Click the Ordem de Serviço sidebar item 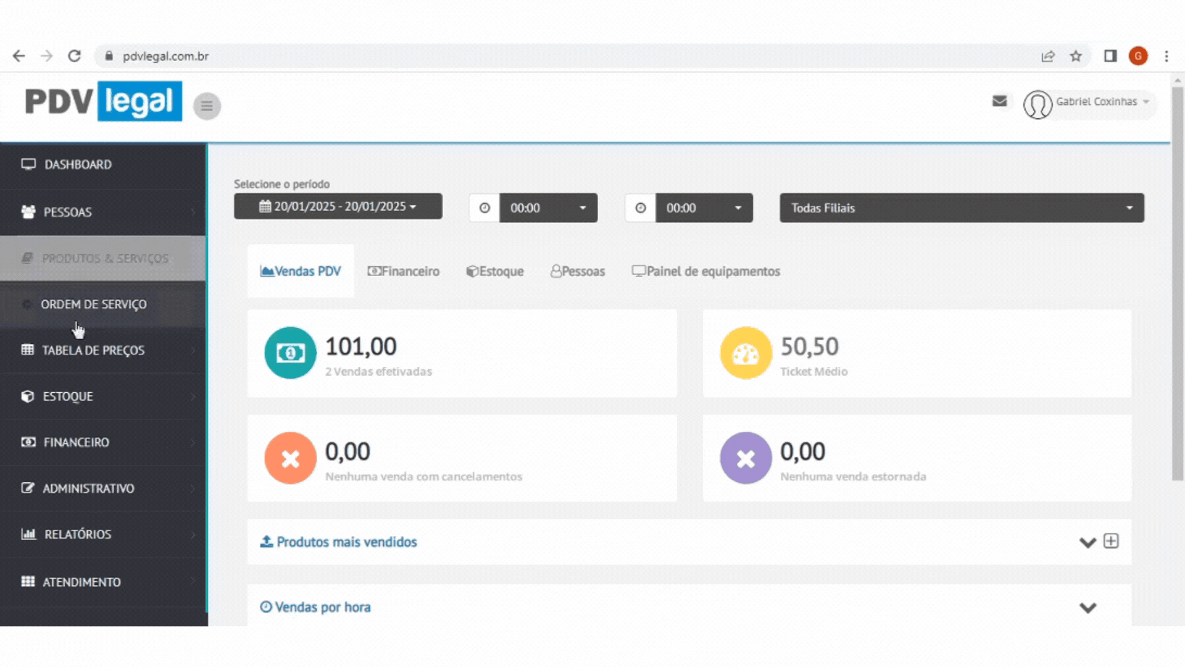pyautogui.click(x=94, y=304)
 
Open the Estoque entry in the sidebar pyautogui.click(x=68, y=396)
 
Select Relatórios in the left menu pyautogui.click(x=78, y=534)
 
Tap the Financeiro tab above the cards pyautogui.click(x=404, y=272)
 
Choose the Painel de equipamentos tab pyautogui.click(x=706, y=272)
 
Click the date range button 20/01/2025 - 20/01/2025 pyautogui.click(x=338, y=207)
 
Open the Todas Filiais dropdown pyautogui.click(x=961, y=208)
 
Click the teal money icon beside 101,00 pyautogui.click(x=290, y=353)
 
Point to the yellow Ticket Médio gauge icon pyautogui.click(x=746, y=353)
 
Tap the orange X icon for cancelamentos pyautogui.click(x=290, y=458)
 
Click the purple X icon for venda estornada pyautogui.click(x=746, y=458)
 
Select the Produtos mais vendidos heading pyautogui.click(x=346, y=542)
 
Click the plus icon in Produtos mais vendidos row pyautogui.click(x=1111, y=541)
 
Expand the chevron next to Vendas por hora pyautogui.click(x=1087, y=608)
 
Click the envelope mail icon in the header pyautogui.click(x=999, y=101)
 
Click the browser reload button pyautogui.click(x=75, y=56)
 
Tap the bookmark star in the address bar pyautogui.click(x=1076, y=56)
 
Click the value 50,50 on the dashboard pyautogui.click(x=809, y=347)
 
